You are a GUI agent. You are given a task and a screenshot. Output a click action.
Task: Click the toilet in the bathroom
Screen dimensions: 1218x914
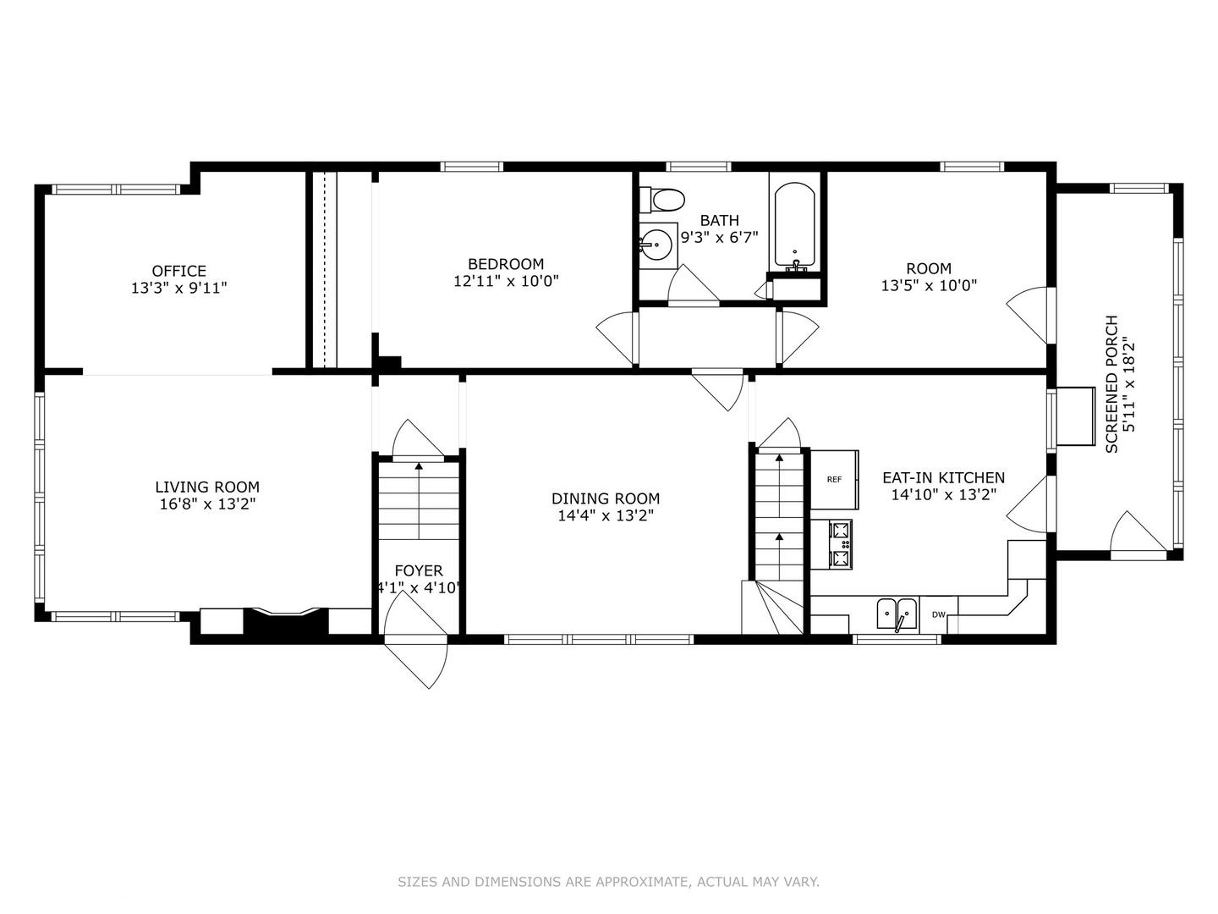(662, 200)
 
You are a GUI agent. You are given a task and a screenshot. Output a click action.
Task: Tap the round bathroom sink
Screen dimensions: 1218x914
(658, 245)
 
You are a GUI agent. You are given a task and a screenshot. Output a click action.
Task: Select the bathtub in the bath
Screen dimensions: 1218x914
(794, 225)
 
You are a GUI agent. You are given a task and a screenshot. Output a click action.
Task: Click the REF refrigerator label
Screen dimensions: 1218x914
(834, 480)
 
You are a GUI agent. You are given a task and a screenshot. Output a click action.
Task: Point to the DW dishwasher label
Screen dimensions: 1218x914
(938, 614)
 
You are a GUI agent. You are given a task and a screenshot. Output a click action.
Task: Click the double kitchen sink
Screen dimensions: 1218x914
(897, 614)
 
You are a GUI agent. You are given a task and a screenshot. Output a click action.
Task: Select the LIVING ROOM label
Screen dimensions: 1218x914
(207, 487)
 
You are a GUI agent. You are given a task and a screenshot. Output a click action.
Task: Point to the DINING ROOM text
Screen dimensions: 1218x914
(606, 498)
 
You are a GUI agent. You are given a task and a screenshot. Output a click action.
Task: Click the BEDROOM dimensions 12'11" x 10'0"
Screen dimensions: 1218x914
(506, 281)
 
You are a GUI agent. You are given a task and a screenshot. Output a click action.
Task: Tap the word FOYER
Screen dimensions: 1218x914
(419, 570)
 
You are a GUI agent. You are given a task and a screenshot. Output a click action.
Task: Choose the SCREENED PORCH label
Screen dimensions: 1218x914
(1111, 384)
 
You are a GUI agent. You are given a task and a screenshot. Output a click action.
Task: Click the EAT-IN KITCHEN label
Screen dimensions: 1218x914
(944, 478)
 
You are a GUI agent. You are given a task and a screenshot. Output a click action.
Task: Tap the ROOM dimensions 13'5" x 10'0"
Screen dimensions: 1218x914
(929, 286)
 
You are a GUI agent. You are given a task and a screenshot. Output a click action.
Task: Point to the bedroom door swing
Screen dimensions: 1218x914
(617, 338)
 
